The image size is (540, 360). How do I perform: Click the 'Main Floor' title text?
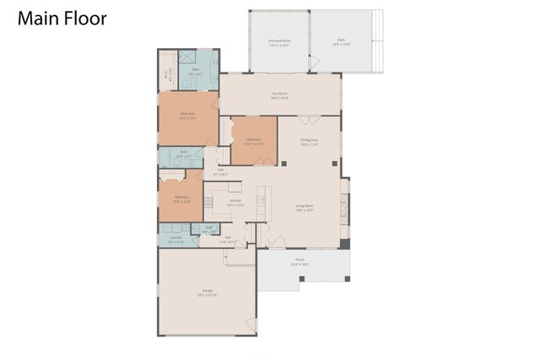[x=62, y=19]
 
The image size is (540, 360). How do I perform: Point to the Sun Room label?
[x=280, y=95]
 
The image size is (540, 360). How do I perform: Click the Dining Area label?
[x=310, y=142]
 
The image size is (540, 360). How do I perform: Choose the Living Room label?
[x=305, y=207]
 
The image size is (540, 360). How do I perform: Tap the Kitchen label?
[x=230, y=202]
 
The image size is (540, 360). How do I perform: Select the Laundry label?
[x=175, y=239]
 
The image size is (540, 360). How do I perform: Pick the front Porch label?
[x=300, y=262]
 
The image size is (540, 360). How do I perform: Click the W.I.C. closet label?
[x=166, y=75]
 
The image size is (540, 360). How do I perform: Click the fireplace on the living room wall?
[x=342, y=207]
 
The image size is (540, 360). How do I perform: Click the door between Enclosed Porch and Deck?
[x=314, y=62]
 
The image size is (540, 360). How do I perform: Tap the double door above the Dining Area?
[x=310, y=117]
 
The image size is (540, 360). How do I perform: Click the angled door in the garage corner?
[x=249, y=325]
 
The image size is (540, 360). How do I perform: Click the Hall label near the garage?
[x=227, y=239]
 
